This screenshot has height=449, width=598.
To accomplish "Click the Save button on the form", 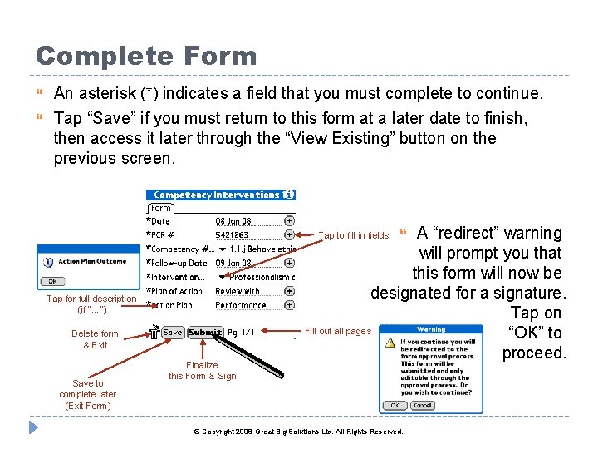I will pyautogui.click(x=172, y=333).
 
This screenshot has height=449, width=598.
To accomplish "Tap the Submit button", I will pyautogui.click(x=205, y=333).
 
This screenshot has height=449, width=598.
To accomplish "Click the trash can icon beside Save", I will pyautogui.click(x=154, y=332).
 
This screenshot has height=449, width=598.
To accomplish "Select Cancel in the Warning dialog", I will pyautogui.click(x=423, y=406).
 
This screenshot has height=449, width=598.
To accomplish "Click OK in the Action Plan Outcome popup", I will pyautogui.click(x=51, y=281).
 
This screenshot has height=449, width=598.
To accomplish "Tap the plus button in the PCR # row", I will pyautogui.click(x=289, y=234).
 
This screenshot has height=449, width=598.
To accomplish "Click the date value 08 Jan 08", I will pyautogui.click(x=233, y=221).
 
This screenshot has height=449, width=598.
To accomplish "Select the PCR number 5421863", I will pyautogui.click(x=233, y=235).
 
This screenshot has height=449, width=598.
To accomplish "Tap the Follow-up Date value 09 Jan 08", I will pyautogui.click(x=233, y=264).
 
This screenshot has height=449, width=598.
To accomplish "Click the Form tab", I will pyautogui.click(x=161, y=208).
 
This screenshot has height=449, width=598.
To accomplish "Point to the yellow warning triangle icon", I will pyautogui.click(x=389, y=343).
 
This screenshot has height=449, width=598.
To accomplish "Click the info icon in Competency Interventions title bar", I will pyautogui.click(x=288, y=195).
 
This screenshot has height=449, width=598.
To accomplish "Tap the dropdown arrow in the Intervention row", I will pyautogui.click(x=222, y=277).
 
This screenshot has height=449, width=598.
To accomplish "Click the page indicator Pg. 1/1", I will pyautogui.click(x=241, y=333).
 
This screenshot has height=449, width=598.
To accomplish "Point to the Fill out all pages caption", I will pyautogui.click(x=337, y=331).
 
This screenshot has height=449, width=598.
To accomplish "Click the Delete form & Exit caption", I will pyautogui.click(x=95, y=339).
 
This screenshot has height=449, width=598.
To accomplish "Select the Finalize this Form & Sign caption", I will pyautogui.click(x=202, y=371).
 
